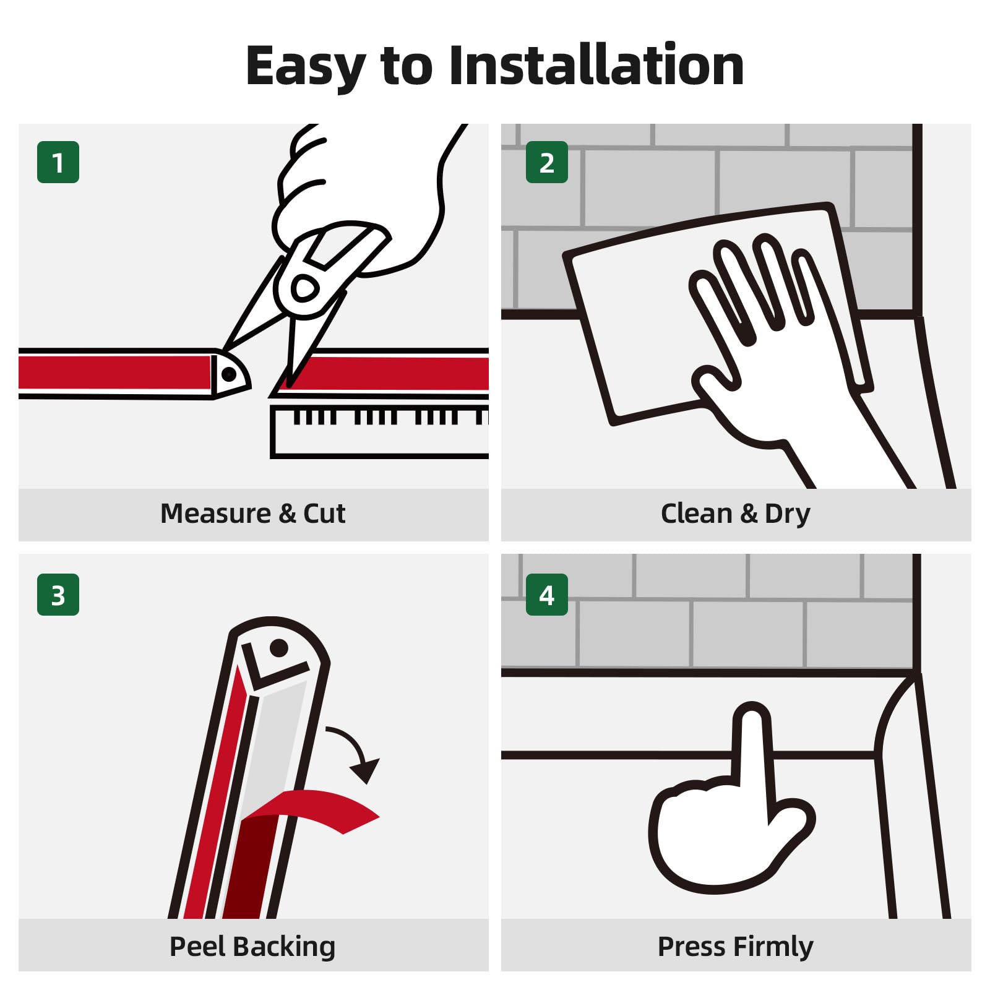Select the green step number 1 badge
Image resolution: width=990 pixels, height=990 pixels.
(x=58, y=162)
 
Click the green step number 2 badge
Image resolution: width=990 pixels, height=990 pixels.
(x=547, y=162)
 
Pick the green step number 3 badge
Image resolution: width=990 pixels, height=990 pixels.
(x=58, y=595)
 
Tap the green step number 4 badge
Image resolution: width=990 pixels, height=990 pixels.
(x=547, y=595)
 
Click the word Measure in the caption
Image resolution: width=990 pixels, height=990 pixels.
(x=215, y=514)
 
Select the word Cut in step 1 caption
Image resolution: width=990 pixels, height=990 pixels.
(x=324, y=514)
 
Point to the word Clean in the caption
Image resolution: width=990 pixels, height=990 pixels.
(x=697, y=514)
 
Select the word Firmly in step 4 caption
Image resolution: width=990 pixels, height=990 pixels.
(x=773, y=947)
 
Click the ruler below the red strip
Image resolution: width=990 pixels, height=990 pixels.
(x=379, y=432)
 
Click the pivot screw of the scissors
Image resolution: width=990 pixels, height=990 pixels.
(x=303, y=288)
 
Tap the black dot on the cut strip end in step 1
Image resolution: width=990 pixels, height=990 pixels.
(x=228, y=374)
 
